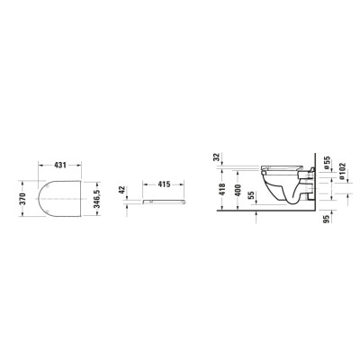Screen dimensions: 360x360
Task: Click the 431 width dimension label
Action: coord(60,165)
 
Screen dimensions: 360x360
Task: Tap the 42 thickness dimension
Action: coord(122,190)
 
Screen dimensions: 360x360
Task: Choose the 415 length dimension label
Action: coord(164,184)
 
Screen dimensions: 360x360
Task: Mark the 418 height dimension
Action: coord(222,190)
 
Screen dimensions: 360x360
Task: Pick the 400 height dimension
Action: coord(238,190)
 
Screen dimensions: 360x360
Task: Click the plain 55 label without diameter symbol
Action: coord(251,195)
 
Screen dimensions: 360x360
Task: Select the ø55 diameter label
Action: coord(327,163)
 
